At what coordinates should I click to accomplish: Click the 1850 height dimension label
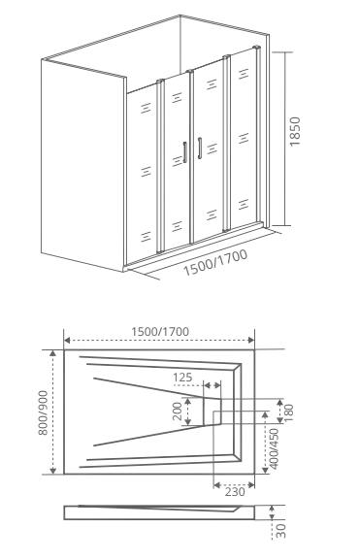pos(295,131)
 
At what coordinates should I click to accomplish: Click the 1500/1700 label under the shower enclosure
pos(215,263)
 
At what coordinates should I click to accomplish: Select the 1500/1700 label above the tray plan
pos(160,332)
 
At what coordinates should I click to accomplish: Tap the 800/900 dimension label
pos(43,412)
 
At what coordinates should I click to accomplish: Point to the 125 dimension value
pos(182,378)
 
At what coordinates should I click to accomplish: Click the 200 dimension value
pos(178,412)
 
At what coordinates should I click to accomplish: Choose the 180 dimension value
pos(288,412)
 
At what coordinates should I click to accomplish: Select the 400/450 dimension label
pos(275,448)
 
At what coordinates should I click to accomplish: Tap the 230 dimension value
pos(235,492)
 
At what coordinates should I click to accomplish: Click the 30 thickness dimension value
pos(281,531)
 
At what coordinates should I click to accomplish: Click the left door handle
pos(185,152)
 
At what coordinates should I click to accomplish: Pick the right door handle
pos(200,148)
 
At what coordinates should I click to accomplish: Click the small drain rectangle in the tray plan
pos(213,412)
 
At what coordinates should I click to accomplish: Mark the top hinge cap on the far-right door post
pos(256,48)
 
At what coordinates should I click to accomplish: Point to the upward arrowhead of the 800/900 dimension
pos(52,353)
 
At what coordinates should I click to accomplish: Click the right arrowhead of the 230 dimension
pos(251,485)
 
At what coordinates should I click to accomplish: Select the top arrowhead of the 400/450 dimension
pos(265,414)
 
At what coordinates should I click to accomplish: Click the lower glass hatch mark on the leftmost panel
pos(146,237)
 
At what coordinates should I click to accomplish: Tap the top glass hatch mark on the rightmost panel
pos(244,74)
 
